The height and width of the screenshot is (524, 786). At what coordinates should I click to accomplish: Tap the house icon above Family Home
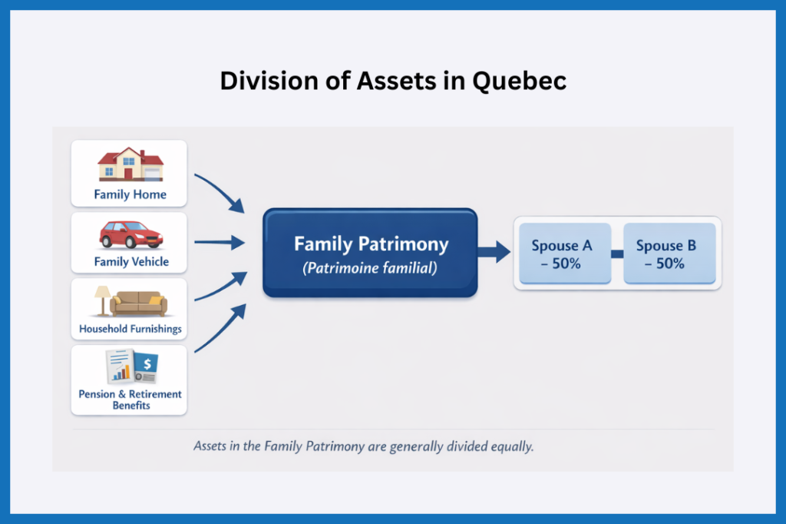(x=129, y=165)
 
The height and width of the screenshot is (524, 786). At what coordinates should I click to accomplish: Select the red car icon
(x=129, y=235)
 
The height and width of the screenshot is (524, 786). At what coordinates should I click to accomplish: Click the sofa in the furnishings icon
(x=138, y=303)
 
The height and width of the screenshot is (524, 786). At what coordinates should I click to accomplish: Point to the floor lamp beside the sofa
(x=102, y=300)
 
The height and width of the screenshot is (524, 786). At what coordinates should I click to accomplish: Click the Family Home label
(x=129, y=194)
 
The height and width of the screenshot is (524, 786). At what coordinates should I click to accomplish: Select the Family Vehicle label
(x=130, y=261)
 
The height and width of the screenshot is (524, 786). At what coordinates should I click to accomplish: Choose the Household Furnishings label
(x=130, y=329)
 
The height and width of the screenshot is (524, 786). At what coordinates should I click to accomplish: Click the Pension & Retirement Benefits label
(x=130, y=399)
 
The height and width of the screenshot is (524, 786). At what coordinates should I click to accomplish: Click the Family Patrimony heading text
(x=371, y=244)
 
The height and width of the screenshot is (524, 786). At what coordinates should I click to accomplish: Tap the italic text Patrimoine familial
(x=371, y=270)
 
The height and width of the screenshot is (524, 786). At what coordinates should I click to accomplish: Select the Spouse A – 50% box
(x=562, y=254)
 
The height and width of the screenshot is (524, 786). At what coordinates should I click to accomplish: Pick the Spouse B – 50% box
(x=666, y=254)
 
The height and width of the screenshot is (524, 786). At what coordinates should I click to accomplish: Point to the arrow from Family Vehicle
(x=219, y=244)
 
